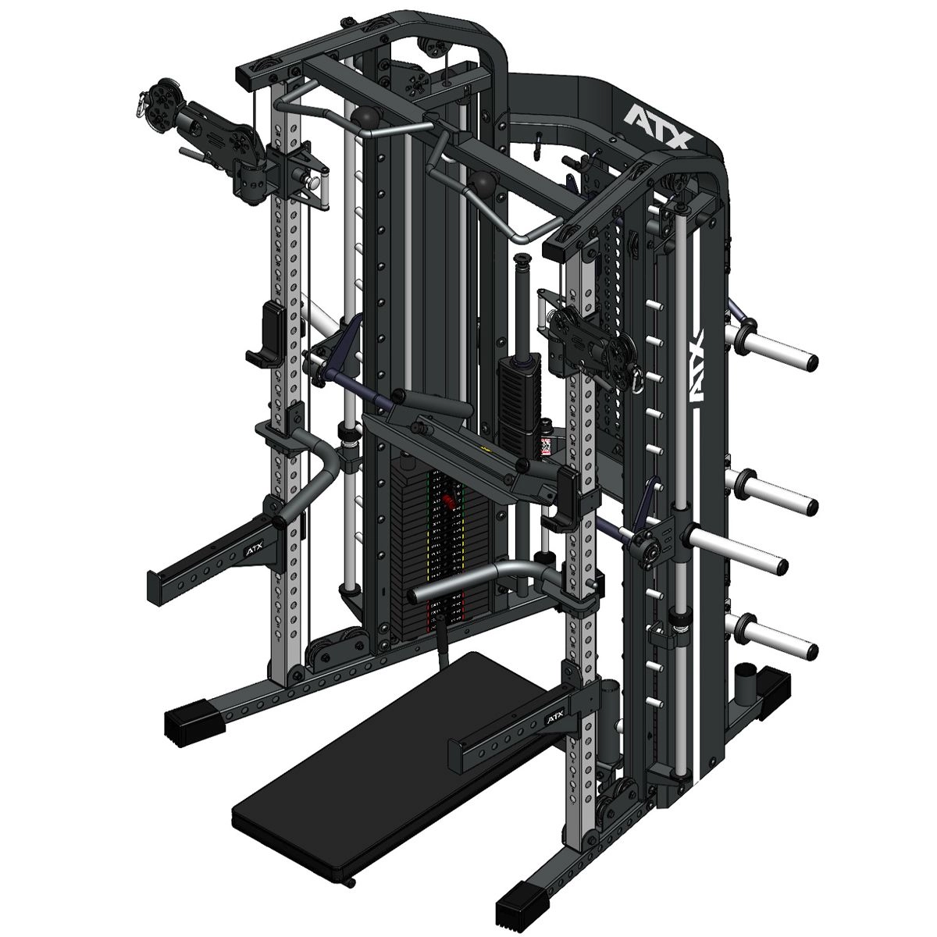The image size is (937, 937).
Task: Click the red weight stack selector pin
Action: coord(449,503)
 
